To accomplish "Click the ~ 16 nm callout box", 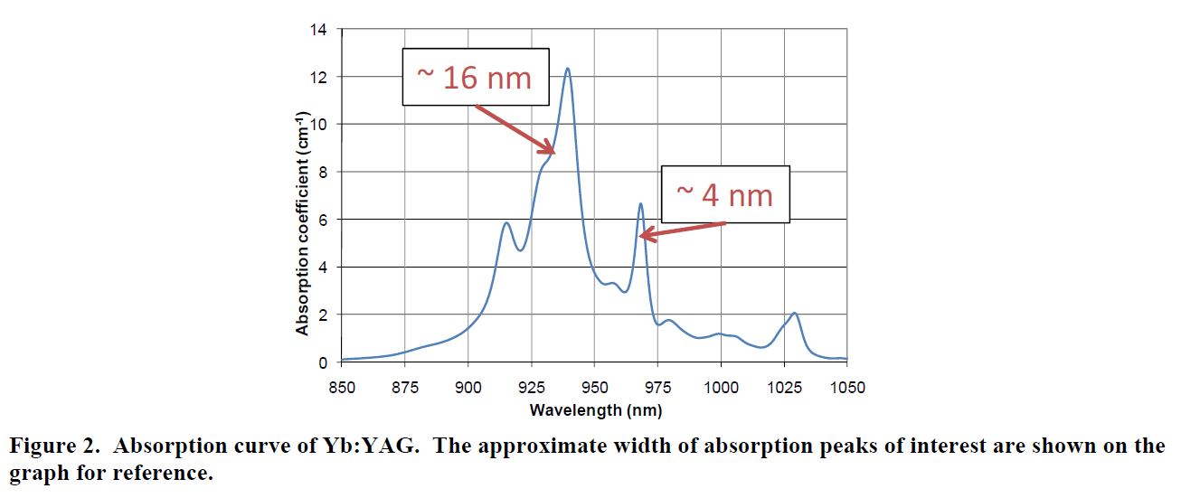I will pyautogui.click(x=477, y=77).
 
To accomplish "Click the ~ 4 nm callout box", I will pyautogui.click(x=725, y=193).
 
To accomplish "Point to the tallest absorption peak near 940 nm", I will pyautogui.click(x=567, y=69).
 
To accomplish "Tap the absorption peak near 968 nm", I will pyautogui.click(x=640, y=204).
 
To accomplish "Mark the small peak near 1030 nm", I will pyautogui.click(x=795, y=314).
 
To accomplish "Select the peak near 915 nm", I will pyautogui.click(x=506, y=223).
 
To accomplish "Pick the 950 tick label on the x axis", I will pyautogui.click(x=594, y=388).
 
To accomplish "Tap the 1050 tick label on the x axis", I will pyautogui.click(x=846, y=388).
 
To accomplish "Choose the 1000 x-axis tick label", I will pyautogui.click(x=721, y=388).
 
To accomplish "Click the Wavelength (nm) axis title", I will pyautogui.click(x=595, y=410).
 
